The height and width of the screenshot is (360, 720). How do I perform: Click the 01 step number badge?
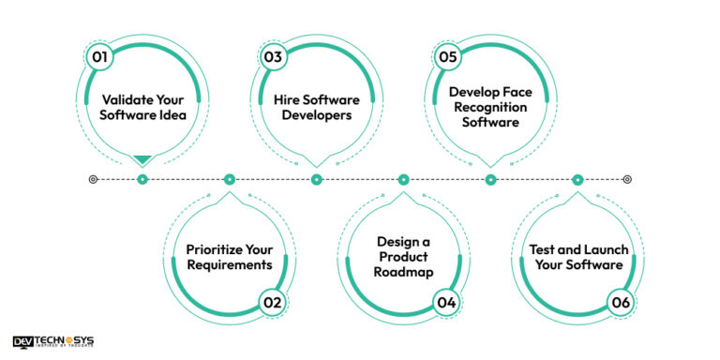coord(98,57)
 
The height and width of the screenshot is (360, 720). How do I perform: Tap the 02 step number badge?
coord(272,302)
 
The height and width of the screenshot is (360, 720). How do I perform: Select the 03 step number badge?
coord(273,57)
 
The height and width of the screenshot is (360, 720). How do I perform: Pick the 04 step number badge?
coord(446,302)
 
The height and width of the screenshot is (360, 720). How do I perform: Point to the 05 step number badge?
coord(447,57)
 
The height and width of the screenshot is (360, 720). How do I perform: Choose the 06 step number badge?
coord(621,302)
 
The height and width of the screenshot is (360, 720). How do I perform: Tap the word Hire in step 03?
coord(289,98)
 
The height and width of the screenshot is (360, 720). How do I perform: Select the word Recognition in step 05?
coord(487,108)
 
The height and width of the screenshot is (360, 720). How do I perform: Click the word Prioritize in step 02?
coord(214,248)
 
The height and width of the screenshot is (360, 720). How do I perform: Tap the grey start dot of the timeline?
coord(92,179)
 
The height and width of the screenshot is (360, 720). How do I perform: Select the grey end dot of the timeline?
coord(627,179)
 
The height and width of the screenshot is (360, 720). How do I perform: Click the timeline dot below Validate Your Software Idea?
coord(142,179)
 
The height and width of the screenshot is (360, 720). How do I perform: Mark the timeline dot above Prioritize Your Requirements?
coord(229,179)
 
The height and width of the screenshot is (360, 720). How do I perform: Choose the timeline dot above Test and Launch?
coord(577,179)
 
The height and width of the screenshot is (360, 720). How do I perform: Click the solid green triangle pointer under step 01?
coord(142,160)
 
